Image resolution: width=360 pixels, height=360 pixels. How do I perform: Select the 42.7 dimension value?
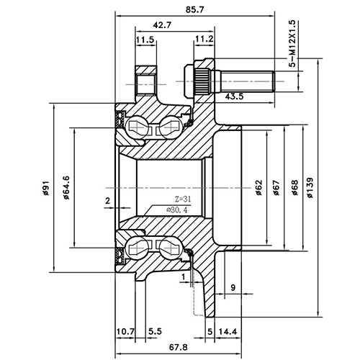(x=162, y=25)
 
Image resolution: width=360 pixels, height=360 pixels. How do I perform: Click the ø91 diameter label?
(x=45, y=189)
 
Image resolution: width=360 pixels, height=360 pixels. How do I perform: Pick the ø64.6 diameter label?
(x=66, y=187)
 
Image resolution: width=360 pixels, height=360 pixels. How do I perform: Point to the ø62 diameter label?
(x=258, y=187)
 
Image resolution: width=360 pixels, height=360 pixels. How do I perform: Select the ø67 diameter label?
(x=276, y=187)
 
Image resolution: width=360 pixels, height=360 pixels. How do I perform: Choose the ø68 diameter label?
(x=294, y=187)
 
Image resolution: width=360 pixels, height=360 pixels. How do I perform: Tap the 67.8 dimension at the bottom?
(x=169, y=348)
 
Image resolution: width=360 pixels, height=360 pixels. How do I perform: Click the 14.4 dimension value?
(x=228, y=332)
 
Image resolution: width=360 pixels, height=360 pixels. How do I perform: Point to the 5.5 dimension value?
(x=156, y=332)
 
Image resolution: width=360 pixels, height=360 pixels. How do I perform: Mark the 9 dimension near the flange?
(x=233, y=288)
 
